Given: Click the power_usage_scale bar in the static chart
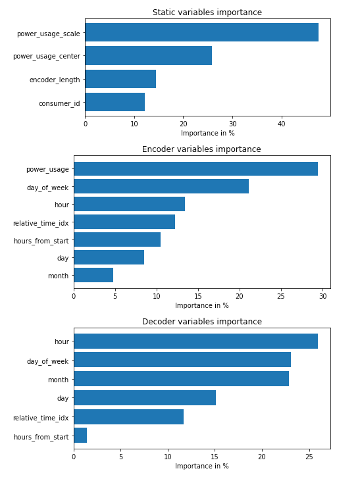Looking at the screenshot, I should pyautogui.click(x=201, y=32).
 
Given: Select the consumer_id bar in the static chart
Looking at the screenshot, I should pyautogui.click(x=115, y=103).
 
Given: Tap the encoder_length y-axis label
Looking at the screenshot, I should pyautogui.click(x=55, y=80).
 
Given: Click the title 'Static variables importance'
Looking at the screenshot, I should pyautogui.click(x=207, y=13).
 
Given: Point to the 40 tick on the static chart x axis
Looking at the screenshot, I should pyautogui.click(x=281, y=123).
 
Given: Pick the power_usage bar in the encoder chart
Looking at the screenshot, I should pyautogui.click(x=195, y=169).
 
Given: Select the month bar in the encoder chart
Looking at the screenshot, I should pyautogui.click(x=93, y=275).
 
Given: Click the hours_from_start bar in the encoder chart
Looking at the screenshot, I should pyautogui.click(x=117, y=240).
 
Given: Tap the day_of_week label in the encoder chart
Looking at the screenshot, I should pyautogui.click(x=47, y=188).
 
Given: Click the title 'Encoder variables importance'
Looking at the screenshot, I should pyautogui.click(x=201, y=149).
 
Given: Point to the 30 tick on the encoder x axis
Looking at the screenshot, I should pyautogui.click(x=322, y=295).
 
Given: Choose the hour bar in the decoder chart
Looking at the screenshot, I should pyautogui.click(x=195, y=341).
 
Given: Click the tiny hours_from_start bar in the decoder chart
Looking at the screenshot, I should pyautogui.click(x=80, y=436).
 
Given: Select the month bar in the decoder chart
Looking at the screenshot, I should pyautogui.click(x=181, y=379).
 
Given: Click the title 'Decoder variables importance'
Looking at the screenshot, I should pyautogui.click(x=201, y=322).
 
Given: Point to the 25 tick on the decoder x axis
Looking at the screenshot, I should pyautogui.click(x=309, y=456).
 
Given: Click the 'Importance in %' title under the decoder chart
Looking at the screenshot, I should pyautogui.click(x=201, y=466).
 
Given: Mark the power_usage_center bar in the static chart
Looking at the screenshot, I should pyautogui.click(x=148, y=56).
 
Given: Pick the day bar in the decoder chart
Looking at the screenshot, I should pyautogui.click(x=145, y=398).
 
